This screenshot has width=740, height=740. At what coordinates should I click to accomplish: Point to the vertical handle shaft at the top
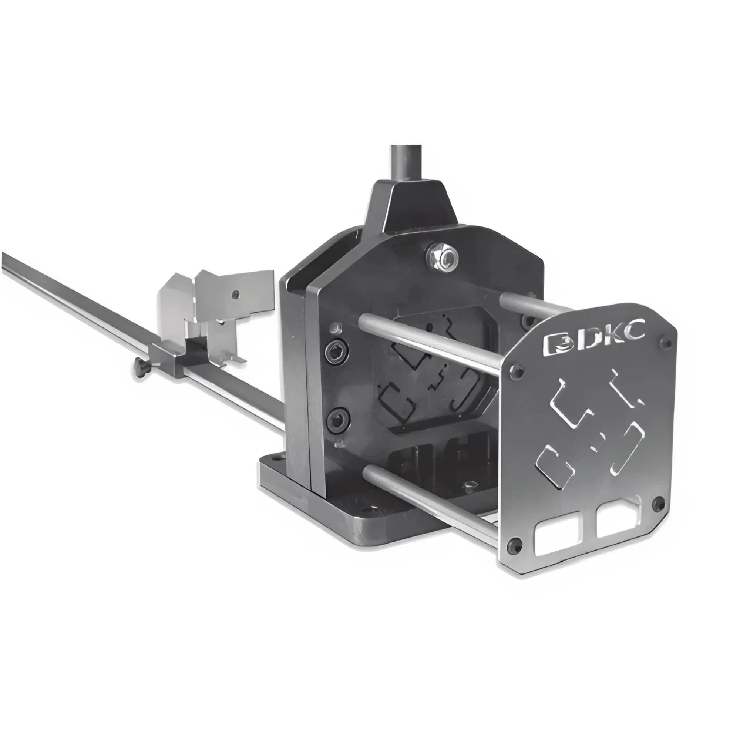point(406,163)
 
